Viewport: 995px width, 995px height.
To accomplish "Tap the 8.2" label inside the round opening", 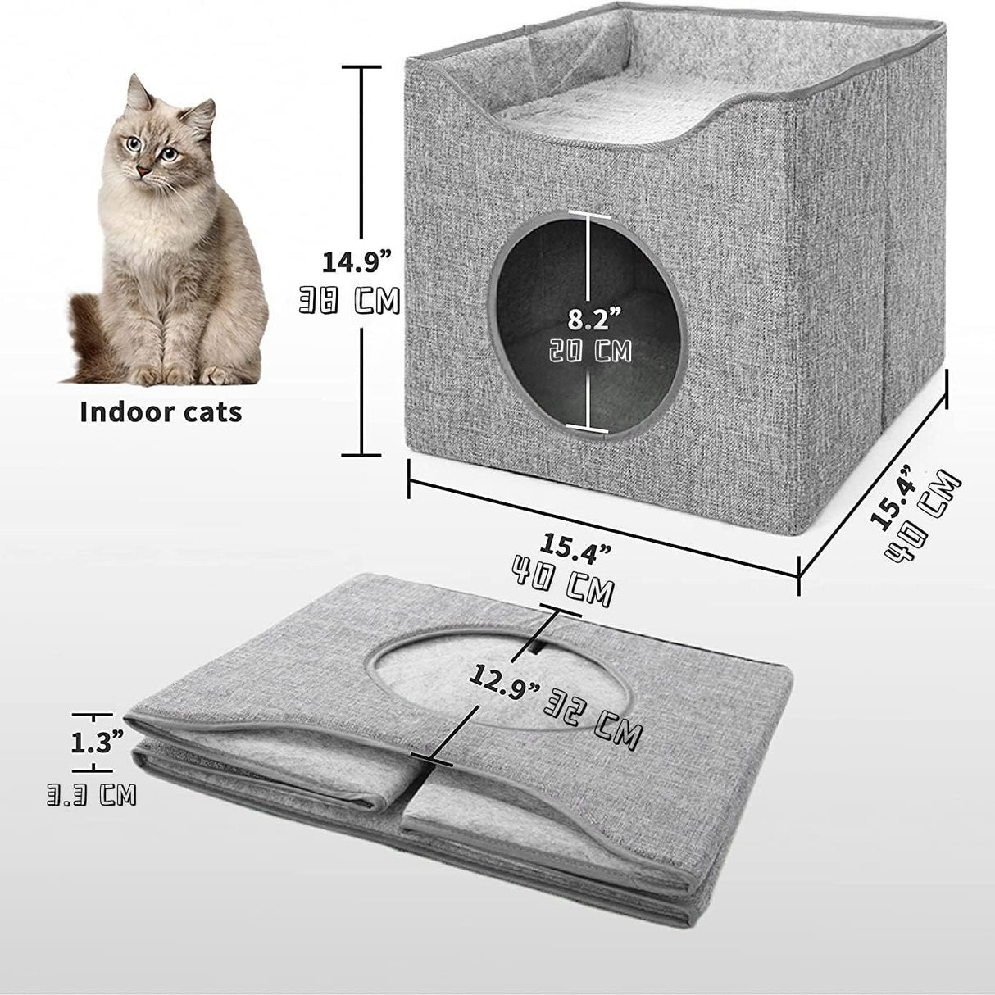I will pyautogui.click(x=588, y=317).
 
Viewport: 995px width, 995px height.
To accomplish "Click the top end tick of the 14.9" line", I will pyautogui.click(x=361, y=68).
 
